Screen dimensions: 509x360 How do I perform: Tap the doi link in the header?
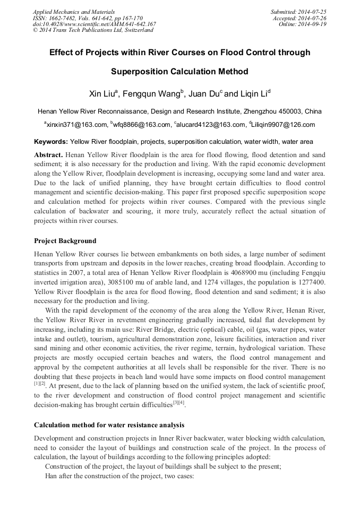click(95, 24)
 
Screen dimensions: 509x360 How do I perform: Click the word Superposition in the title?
click(142, 71)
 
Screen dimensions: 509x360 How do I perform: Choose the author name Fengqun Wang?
click(151, 94)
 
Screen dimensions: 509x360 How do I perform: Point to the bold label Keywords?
click(51, 142)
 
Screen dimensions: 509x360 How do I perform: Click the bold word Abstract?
click(48, 154)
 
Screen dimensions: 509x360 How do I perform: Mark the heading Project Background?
click(65, 241)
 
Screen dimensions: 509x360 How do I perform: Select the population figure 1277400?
click(309, 281)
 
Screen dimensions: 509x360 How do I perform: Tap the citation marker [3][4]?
click(178, 403)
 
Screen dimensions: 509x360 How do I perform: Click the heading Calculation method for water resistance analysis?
click(109, 425)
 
